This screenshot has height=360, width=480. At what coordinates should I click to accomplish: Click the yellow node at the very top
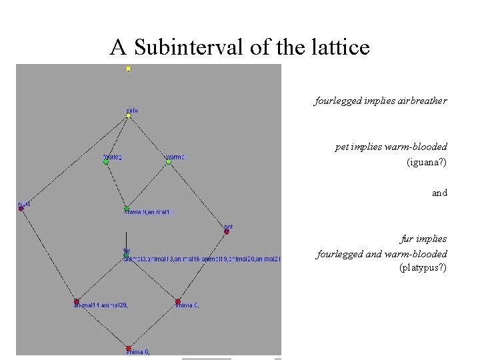tap(128, 68)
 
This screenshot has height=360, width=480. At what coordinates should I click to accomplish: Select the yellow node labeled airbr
tap(128, 115)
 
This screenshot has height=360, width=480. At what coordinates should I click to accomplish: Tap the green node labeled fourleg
tap(106, 162)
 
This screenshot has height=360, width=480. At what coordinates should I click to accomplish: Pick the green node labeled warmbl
tap(169, 162)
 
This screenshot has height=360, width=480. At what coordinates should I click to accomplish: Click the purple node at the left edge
tap(21, 209)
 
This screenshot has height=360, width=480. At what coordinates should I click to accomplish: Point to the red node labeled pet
tap(227, 232)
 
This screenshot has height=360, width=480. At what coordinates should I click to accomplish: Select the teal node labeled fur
tap(126, 255)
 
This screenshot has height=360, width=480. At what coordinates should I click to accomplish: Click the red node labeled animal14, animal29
tap(77, 301)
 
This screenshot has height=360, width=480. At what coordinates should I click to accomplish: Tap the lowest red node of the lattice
tap(128, 348)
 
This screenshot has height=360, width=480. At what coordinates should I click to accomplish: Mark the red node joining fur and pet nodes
tap(177, 301)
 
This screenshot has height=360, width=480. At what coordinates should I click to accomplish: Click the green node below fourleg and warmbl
tap(127, 208)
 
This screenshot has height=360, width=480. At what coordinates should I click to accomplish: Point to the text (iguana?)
tap(427, 162)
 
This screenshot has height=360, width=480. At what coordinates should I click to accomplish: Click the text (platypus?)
tap(423, 268)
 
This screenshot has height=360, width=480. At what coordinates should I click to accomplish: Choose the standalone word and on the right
tap(439, 193)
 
